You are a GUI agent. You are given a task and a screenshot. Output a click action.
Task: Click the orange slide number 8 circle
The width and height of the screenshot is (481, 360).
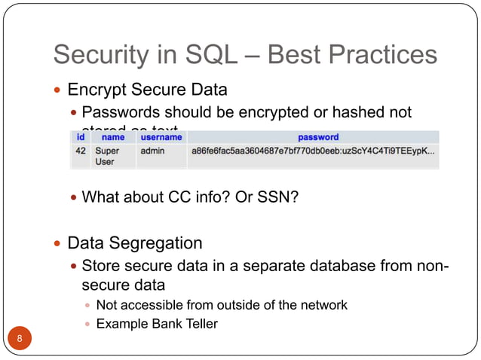(x=20, y=338)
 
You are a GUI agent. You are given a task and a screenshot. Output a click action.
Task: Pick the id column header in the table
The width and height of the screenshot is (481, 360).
(x=80, y=138)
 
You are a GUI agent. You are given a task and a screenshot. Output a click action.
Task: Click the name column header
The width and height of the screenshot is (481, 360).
(x=113, y=138)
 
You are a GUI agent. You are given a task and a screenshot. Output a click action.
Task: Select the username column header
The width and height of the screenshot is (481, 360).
(x=161, y=138)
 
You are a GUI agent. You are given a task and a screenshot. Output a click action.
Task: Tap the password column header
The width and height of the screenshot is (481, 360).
(x=318, y=138)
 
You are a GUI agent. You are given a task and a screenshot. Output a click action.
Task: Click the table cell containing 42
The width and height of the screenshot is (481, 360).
(x=80, y=151)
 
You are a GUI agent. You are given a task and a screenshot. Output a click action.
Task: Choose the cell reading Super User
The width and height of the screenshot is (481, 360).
(x=107, y=157)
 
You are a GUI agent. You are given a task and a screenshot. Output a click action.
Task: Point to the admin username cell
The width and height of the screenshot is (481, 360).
(x=152, y=151)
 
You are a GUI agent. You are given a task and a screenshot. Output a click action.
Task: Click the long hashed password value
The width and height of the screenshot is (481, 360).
(x=313, y=151)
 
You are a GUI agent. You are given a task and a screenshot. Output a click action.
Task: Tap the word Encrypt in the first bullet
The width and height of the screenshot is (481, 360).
(x=97, y=90)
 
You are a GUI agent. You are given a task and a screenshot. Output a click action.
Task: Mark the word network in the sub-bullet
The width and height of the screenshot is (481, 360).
(x=321, y=305)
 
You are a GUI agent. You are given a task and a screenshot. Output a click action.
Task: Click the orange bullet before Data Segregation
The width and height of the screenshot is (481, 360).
(x=57, y=244)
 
